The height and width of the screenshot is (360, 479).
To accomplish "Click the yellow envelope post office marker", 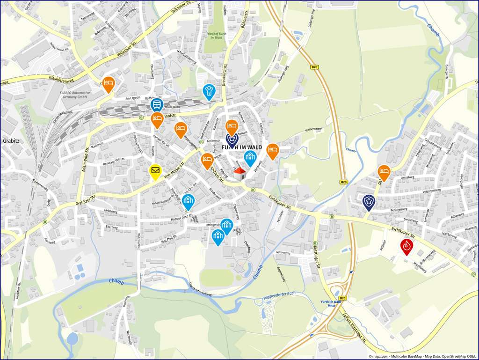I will click(155, 171).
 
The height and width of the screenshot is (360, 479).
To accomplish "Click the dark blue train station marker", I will click(157, 105).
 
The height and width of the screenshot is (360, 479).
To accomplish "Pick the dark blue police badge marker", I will click(369, 202).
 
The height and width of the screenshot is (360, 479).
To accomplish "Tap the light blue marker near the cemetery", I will click(209, 91).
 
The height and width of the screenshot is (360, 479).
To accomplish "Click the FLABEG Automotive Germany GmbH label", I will click(78, 96).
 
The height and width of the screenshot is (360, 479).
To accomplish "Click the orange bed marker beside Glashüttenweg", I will click(108, 83).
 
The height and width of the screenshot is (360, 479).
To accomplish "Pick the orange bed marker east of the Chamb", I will click(384, 172).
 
